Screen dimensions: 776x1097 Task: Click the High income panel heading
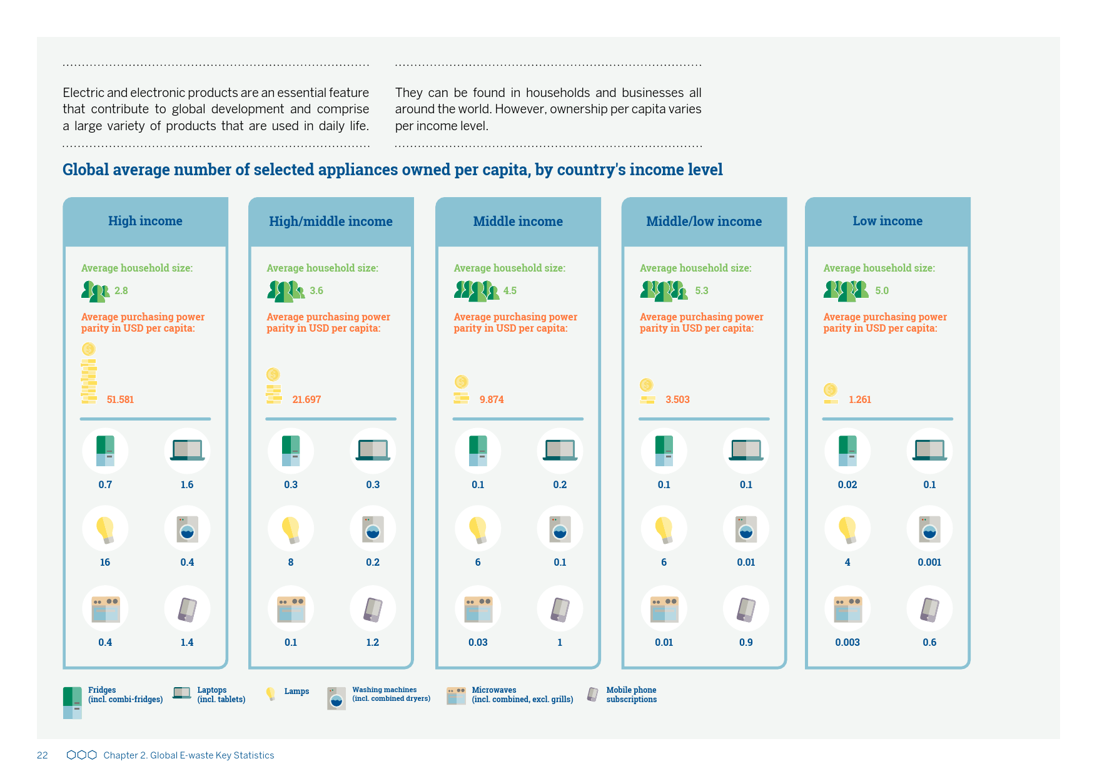click(x=145, y=221)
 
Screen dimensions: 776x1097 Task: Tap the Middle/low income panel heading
click(x=704, y=222)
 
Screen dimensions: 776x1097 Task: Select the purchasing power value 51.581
click(x=120, y=399)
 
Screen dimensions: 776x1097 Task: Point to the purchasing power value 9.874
click(x=492, y=399)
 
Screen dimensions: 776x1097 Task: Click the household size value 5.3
click(x=702, y=290)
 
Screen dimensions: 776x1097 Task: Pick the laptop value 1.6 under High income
click(x=187, y=484)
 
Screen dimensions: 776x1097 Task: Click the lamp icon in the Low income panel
click(x=847, y=529)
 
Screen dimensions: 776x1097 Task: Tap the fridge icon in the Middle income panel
click(x=478, y=451)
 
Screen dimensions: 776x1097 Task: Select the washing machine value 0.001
click(x=929, y=562)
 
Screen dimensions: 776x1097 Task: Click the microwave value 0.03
click(x=478, y=642)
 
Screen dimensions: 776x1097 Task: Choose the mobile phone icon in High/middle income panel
click(x=373, y=609)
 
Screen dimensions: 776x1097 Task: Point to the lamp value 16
click(x=105, y=562)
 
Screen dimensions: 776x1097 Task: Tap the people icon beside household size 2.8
click(x=96, y=291)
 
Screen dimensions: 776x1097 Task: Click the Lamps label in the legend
click(x=296, y=692)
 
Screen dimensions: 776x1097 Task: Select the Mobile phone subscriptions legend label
click(x=631, y=695)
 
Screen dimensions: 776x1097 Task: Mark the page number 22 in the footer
click(x=43, y=755)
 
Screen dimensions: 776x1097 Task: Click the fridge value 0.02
click(x=847, y=484)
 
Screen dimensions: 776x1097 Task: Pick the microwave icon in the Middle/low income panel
click(x=664, y=609)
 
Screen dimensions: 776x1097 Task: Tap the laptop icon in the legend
click(x=182, y=693)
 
